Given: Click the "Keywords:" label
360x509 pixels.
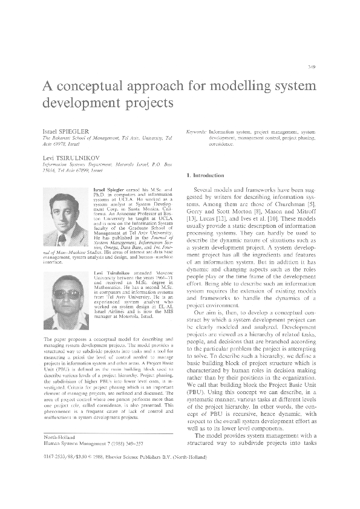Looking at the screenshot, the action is (x=197, y=131).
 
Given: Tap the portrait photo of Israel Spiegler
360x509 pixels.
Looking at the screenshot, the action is (x=66, y=215).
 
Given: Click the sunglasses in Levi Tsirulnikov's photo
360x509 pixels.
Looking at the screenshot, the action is (x=66, y=294).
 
